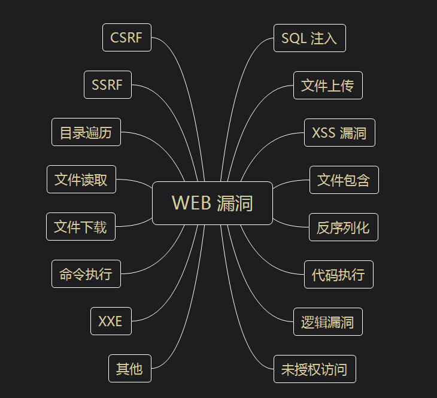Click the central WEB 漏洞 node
point(213,203)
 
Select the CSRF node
point(127,38)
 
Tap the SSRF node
point(108,85)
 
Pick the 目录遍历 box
point(86,132)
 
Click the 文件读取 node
point(81,180)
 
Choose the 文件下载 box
point(81,227)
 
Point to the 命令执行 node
point(86,274)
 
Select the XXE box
point(111,321)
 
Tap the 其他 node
point(129,369)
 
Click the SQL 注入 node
point(309,38)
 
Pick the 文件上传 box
point(328,86)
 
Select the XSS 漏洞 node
point(339,133)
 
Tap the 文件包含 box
point(344,180)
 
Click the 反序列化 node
point(344,227)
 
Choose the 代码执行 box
point(339,275)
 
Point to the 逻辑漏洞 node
point(328,322)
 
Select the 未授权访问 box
point(315,369)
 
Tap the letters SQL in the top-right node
point(294,38)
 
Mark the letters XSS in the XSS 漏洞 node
point(324,133)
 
